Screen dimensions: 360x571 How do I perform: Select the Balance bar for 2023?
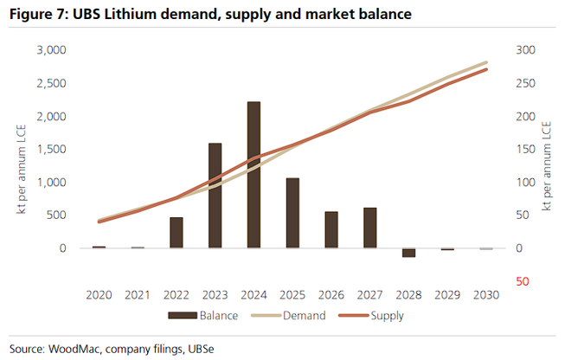(x=215, y=196)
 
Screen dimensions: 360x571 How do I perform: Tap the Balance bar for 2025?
(x=292, y=213)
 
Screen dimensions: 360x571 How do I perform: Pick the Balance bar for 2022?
(x=176, y=233)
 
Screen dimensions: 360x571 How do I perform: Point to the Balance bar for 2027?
(x=369, y=228)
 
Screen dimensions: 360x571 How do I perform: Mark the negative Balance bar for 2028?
(x=408, y=253)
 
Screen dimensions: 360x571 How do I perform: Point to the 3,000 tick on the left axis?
(x=51, y=50)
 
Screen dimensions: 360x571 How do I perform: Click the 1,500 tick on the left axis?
(x=51, y=149)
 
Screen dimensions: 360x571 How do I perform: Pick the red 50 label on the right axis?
(x=518, y=281)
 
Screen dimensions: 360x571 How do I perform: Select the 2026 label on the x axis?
(x=331, y=295)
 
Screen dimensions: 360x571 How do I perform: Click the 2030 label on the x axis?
(x=485, y=295)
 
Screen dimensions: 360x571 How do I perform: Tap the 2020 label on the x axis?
(x=99, y=295)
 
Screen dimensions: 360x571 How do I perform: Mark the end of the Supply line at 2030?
(x=485, y=69)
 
